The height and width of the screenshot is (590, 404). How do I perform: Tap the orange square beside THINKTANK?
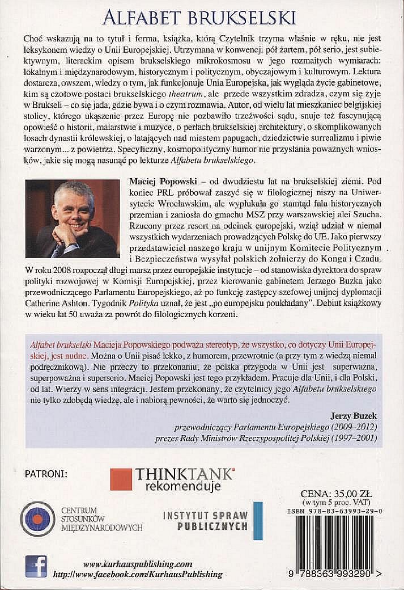point(121,479)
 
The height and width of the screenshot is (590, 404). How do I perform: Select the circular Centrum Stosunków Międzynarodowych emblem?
point(37,519)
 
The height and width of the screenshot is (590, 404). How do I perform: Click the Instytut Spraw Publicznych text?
point(205,520)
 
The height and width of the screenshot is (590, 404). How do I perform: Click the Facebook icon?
point(36,567)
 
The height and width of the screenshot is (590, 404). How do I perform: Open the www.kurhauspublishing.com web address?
point(138,564)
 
